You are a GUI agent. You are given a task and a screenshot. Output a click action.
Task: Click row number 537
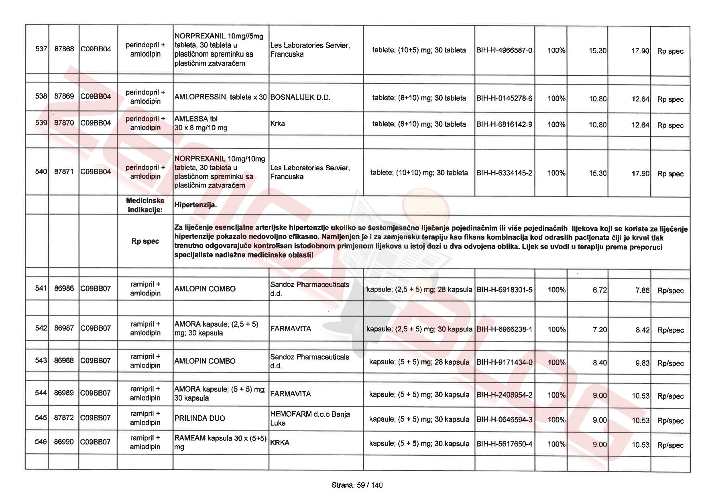41,49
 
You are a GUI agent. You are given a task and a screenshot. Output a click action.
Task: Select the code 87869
64,96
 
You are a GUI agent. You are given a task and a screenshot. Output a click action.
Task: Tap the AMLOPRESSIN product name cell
220,97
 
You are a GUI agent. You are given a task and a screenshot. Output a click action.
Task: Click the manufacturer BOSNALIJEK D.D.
300,97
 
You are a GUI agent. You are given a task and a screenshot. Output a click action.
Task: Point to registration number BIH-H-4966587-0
504,50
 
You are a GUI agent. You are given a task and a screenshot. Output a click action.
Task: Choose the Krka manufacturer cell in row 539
278,123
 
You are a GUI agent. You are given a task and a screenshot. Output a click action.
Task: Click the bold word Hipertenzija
195,205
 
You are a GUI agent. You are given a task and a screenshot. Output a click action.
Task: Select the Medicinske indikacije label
145,205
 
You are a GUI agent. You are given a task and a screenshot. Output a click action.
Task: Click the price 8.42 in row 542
642,330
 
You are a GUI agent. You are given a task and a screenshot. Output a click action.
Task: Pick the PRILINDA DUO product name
199,418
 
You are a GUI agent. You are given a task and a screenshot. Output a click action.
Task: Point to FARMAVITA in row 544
291,394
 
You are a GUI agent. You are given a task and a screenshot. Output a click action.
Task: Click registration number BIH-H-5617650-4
504,444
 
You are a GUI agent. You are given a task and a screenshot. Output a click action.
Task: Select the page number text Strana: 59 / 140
357,485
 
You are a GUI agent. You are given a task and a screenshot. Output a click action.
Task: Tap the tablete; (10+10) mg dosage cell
419,173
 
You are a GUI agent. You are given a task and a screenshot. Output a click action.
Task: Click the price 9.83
642,363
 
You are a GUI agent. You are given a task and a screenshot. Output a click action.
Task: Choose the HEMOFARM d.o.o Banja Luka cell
310,418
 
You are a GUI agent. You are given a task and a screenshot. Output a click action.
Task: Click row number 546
41,442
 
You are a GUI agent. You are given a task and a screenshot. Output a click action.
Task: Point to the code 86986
64,288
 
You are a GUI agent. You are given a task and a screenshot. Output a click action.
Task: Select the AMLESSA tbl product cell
201,123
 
